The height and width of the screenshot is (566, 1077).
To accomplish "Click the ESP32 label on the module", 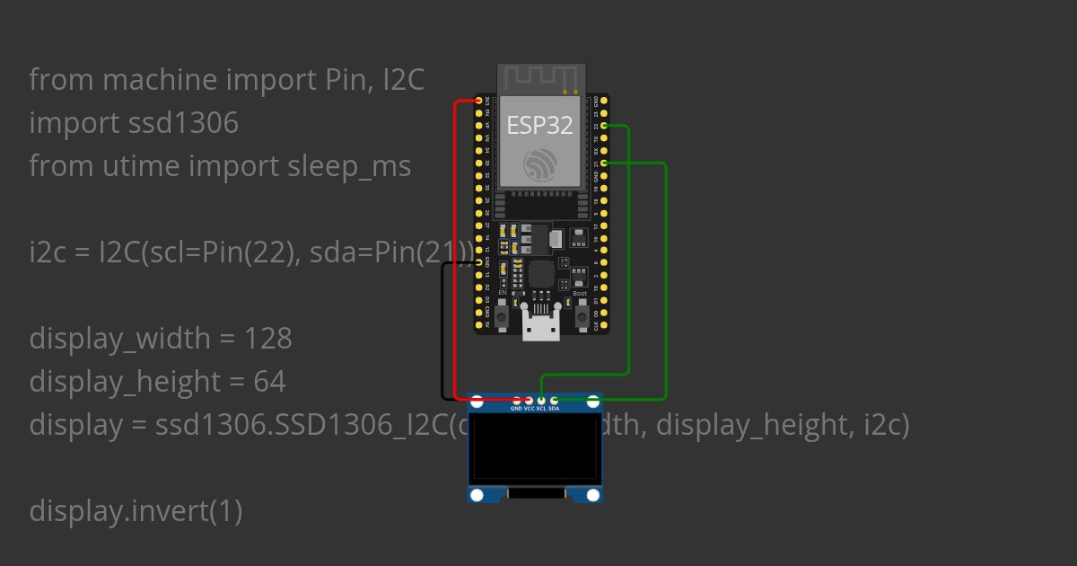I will click(x=539, y=125).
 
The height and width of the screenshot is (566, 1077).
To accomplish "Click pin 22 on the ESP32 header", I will click(x=605, y=126).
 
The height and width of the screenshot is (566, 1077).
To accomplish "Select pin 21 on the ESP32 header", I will click(x=605, y=163).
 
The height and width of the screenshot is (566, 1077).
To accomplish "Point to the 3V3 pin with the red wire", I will click(x=479, y=102).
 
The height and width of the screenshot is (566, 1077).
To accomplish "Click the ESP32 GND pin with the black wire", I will click(x=479, y=262).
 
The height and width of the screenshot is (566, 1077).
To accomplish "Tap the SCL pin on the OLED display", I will click(x=541, y=400).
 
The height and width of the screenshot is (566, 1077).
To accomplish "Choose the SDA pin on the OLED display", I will click(x=554, y=400).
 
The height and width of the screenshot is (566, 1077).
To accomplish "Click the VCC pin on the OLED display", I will click(x=529, y=400).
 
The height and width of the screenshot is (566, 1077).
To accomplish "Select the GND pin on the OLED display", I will click(x=516, y=400).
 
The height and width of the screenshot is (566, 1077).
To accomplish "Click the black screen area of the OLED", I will click(x=535, y=447).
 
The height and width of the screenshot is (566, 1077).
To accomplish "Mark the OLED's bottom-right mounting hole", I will click(x=592, y=495).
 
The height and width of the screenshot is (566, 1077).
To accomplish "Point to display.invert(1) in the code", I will click(x=136, y=511).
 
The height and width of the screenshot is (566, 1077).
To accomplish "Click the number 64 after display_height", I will click(x=269, y=382).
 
